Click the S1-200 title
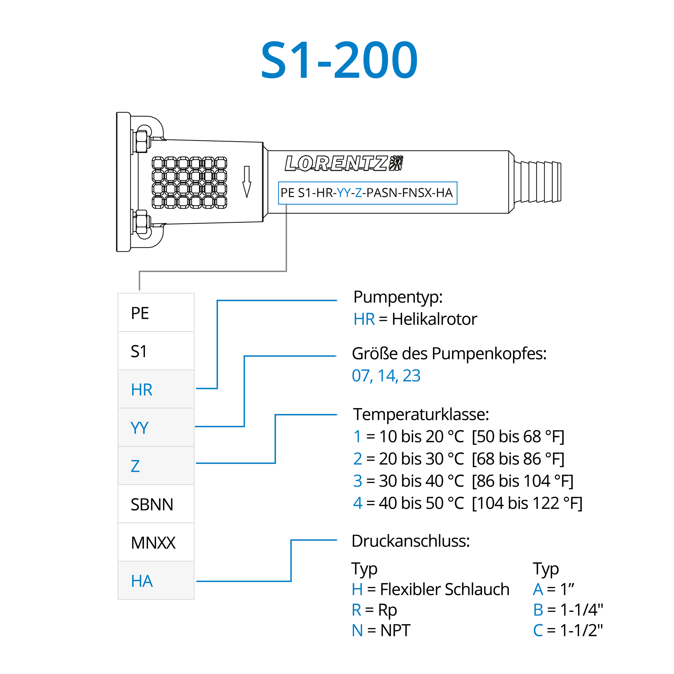339,60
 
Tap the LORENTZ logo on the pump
344,163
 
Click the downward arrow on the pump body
247,182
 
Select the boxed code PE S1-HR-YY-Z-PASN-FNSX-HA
367,193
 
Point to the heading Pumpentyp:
398,297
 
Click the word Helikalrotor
434,319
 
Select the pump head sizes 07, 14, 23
386,376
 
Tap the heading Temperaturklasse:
421,415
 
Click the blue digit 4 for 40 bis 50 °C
358,503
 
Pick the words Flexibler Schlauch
445,589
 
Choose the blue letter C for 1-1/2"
538,631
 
